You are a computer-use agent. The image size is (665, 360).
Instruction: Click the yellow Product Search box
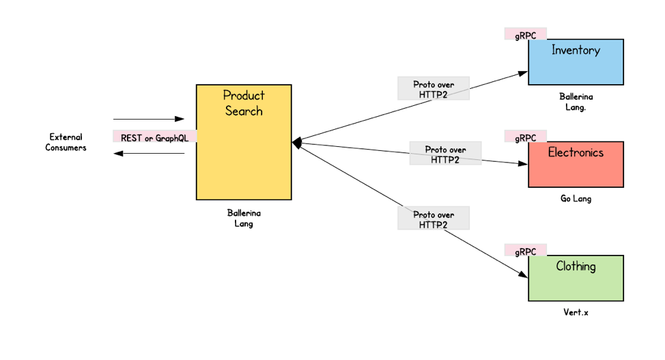pyautogui.click(x=244, y=142)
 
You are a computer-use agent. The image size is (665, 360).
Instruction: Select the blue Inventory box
pyautogui.click(x=576, y=62)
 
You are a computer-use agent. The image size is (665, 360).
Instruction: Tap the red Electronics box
pyautogui.click(x=576, y=165)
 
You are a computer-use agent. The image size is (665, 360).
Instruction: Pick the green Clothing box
pyautogui.click(x=576, y=278)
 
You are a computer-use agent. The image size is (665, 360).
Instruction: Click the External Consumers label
pyautogui.click(x=66, y=142)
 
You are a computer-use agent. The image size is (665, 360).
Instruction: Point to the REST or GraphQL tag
pyautogui.click(x=154, y=137)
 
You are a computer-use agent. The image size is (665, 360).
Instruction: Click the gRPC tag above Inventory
pyautogui.click(x=526, y=34)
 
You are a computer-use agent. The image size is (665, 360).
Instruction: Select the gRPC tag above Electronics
pyautogui.click(x=526, y=137)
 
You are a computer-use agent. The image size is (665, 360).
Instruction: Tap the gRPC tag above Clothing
pyautogui.click(x=526, y=251)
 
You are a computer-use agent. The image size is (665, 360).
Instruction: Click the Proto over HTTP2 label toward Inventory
pyautogui.click(x=434, y=89)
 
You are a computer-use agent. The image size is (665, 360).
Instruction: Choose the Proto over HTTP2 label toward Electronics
pyautogui.click(x=445, y=154)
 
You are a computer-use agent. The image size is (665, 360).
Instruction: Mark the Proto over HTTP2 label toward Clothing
pyautogui.click(x=434, y=219)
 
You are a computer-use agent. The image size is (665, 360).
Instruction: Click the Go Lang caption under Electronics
pyautogui.click(x=576, y=199)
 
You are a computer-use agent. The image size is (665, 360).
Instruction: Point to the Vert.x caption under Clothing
pyautogui.click(x=576, y=312)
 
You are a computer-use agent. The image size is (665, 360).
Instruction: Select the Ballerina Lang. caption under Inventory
pyautogui.click(x=576, y=102)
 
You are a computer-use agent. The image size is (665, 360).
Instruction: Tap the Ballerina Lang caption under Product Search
pyautogui.click(x=244, y=218)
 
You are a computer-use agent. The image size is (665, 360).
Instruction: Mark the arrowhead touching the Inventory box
pyautogui.click(x=523, y=72)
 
